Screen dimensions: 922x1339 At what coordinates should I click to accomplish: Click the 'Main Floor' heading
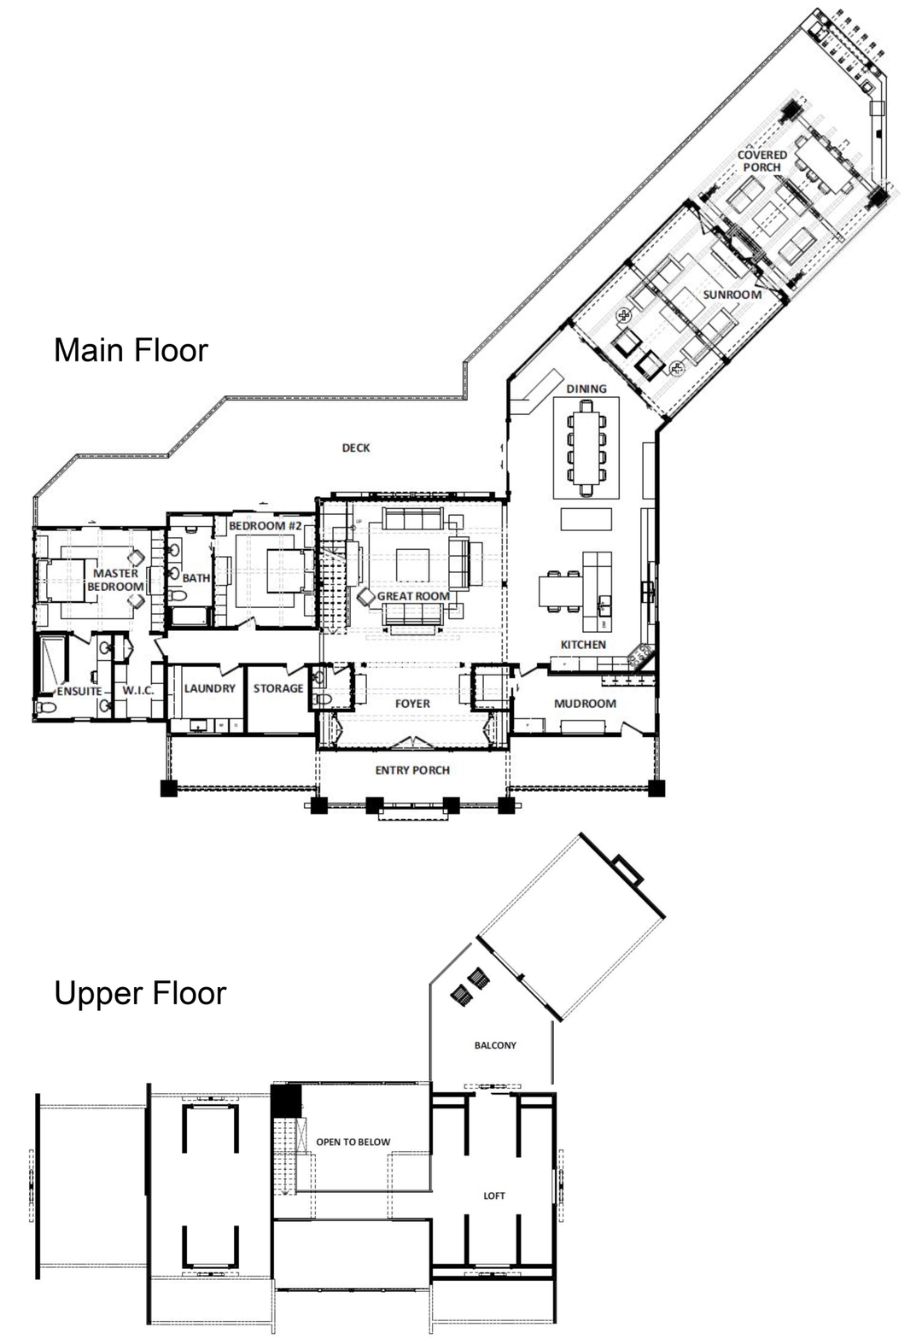131,350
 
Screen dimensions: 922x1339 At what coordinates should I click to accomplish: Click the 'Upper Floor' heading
140,993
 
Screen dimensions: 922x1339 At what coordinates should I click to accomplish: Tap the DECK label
355,447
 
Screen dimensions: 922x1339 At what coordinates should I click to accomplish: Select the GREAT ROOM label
413,596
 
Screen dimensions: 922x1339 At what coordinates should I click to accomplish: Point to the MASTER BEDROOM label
115,580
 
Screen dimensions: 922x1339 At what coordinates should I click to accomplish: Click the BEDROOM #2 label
266,526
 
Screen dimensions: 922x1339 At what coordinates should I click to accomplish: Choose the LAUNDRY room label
210,688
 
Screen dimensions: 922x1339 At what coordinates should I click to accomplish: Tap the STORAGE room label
278,688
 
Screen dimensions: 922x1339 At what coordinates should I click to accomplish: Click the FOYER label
412,704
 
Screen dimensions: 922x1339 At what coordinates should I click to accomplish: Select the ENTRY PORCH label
412,770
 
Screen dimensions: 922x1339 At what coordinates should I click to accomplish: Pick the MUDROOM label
585,704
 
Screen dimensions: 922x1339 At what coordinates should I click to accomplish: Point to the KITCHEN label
583,645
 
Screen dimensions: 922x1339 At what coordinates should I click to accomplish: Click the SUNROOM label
732,295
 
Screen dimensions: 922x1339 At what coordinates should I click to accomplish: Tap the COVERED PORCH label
762,161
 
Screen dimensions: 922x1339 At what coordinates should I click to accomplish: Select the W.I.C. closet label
138,691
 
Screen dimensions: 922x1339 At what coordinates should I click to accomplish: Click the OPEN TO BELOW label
353,1142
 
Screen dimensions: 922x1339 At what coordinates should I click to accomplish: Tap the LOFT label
494,1196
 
